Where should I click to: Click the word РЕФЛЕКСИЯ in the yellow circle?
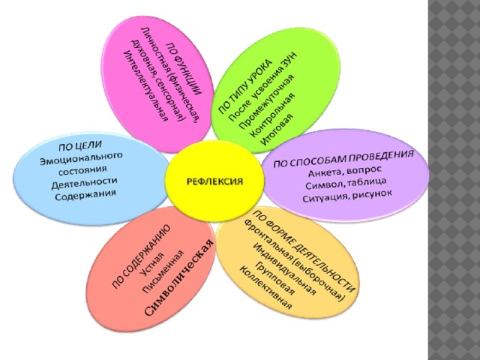[214, 181]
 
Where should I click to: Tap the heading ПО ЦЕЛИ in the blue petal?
[80, 145]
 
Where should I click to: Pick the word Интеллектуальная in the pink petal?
[145, 85]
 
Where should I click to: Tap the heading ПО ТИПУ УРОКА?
[245, 87]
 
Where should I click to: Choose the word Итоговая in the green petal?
[277, 130]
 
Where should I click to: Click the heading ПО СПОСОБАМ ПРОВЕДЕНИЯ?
[343, 158]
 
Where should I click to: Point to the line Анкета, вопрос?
[345, 172]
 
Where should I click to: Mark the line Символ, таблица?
[346, 184]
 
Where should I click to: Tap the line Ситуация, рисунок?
[347, 196]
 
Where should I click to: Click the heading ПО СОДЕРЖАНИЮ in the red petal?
[142, 256]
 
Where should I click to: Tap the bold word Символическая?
[178, 277]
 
